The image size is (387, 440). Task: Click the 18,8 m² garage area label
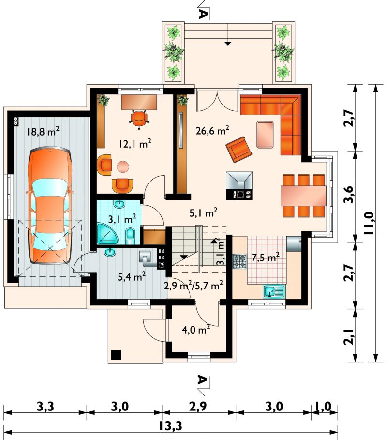43,131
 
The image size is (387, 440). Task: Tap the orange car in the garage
50,205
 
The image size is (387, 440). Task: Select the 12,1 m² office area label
135,144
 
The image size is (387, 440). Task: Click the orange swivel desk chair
139,119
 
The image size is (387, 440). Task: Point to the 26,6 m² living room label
212,130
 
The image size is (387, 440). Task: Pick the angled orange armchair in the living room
239,149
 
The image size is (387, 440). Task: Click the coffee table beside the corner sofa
265,135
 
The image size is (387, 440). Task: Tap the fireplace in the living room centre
239,185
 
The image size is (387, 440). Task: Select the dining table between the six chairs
303,196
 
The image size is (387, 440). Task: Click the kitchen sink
274,291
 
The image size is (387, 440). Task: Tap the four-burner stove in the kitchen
239,261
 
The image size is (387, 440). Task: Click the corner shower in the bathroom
108,233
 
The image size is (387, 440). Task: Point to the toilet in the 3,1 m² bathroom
130,236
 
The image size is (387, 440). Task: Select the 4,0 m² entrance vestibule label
196,329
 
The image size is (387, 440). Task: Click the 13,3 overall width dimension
170,425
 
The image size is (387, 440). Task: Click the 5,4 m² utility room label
132,277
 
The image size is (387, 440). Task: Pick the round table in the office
123,167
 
